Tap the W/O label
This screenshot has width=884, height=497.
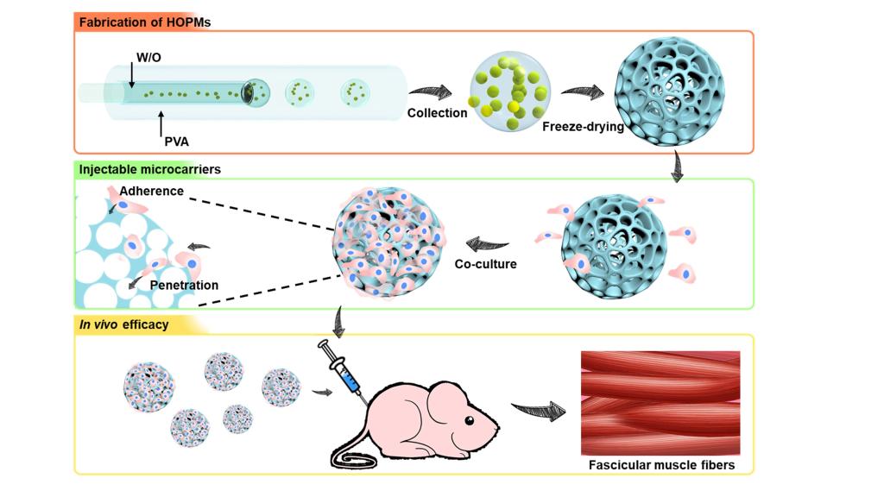[x=148, y=58]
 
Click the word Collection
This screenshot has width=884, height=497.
[x=438, y=112]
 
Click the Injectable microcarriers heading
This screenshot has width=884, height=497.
[x=149, y=169]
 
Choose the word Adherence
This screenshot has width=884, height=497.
[x=152, y=191]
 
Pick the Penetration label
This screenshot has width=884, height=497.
[x=184, y=285]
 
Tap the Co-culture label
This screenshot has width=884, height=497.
[x=486, y=263]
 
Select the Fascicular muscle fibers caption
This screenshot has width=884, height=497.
[x=661, y=465]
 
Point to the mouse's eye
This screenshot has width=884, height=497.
[x=470, y=421]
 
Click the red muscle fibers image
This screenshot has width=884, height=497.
[x=660, y=402]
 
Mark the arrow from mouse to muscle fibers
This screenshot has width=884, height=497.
[x=532, y=410]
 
